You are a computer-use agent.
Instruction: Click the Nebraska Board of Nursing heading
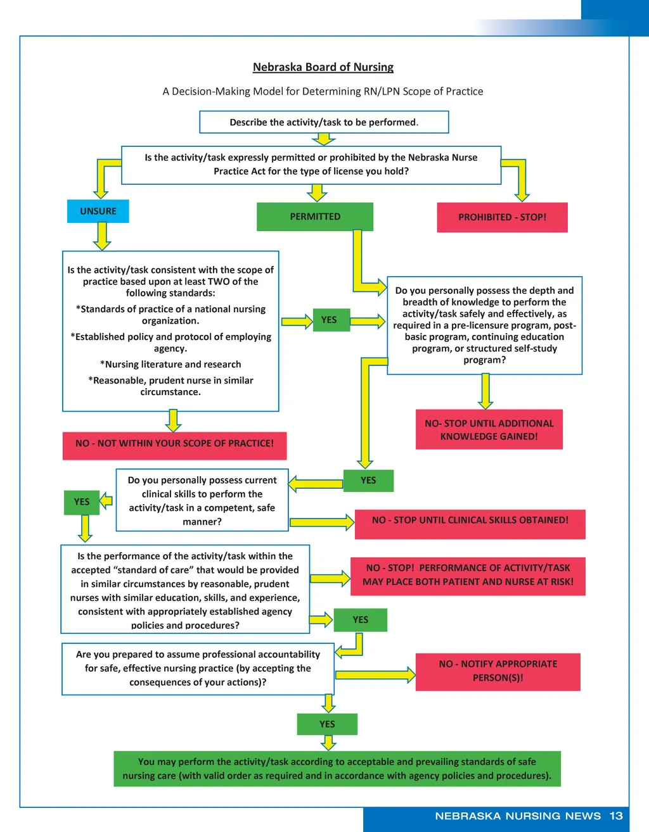pyautogui.click(x=323, y=67)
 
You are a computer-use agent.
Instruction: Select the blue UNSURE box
pyautogui.click(x=98, y=211)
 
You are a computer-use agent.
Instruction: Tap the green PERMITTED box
pyautogui.click(x=315, y=217)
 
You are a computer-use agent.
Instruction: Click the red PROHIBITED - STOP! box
pyautogui.click(x=502, y=217)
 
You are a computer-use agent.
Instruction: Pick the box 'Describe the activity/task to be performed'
pyautogui.click(x=324, y=122)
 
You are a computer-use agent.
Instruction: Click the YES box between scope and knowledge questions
pyautogui.click(x=329, y=320)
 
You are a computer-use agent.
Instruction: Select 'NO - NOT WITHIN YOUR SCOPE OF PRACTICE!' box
pyautogui.click(x=174, y=444)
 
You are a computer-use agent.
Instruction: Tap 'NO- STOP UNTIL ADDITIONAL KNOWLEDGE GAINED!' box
pyautogui.click(x=489, y=430)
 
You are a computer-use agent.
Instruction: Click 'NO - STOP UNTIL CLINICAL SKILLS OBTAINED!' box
pyautogui.click(x=470, y=520)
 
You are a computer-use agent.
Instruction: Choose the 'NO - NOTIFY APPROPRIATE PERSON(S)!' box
pyautogui.click(x=498, y=671)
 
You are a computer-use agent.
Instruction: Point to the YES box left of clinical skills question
pyautogui.click(x=82, y=502)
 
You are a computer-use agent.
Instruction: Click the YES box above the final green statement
pyautogui.click(x=327, y=724)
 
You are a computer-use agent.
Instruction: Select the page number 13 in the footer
pyautogui.click(x=616, y=816)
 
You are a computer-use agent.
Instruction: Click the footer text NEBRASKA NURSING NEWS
pyautogui.click(x=518, y=816)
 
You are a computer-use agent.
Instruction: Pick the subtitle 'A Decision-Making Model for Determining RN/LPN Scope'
pyautogui.click(x=323, y=91)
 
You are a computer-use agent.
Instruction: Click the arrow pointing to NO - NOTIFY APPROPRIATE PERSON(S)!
pyautogui.click(x=375, y=675)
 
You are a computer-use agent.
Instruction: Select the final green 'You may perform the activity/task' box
pyautogui.click(x=337, y=769)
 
